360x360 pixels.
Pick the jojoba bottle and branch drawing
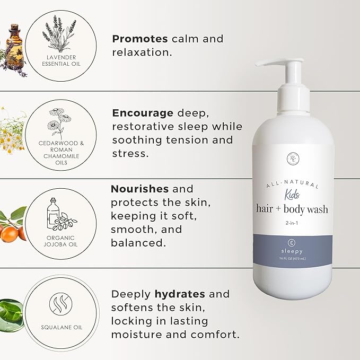point(60,215)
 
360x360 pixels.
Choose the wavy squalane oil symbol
point(60,304)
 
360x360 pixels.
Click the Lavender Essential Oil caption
point(60,60)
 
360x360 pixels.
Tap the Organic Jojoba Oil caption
point(60,241)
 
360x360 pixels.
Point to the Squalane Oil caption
point(60,327)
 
